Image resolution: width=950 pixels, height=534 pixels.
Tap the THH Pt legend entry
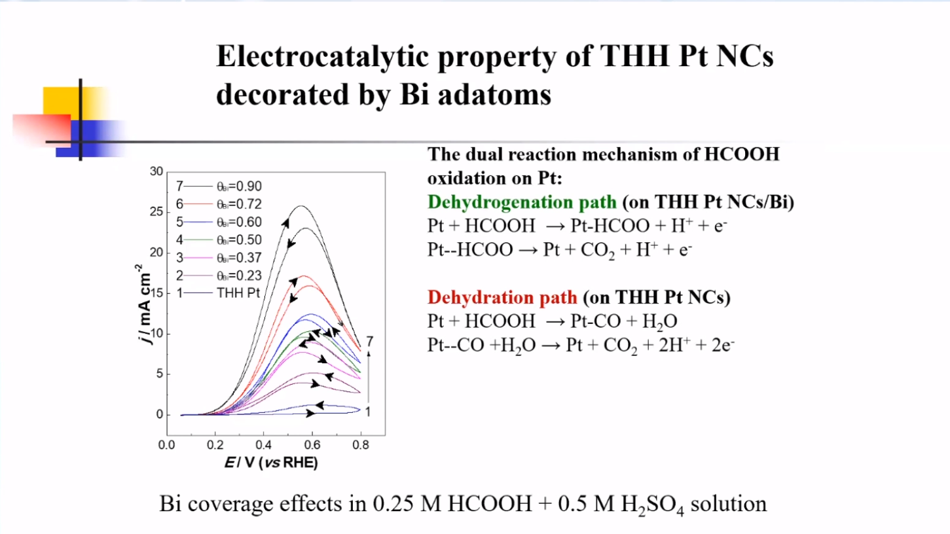(238, 293)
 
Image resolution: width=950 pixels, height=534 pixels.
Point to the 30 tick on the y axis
(155, 171)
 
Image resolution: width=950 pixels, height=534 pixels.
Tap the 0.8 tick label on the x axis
(360, 445)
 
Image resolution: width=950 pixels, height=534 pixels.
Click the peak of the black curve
(300, 206)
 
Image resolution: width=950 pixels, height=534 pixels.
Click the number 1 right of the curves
(368, 412)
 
